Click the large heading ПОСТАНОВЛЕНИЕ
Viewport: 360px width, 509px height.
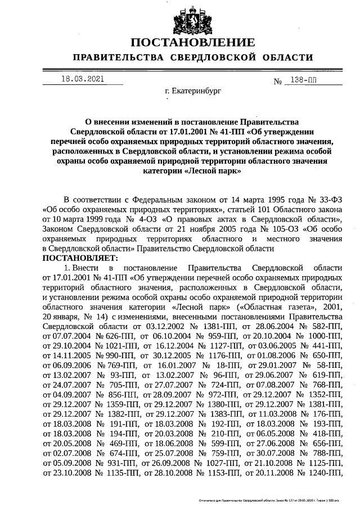pos(192,43)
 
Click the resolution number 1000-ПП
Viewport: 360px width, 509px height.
pos(323,336)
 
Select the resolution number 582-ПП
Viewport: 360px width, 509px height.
pos(323,326)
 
